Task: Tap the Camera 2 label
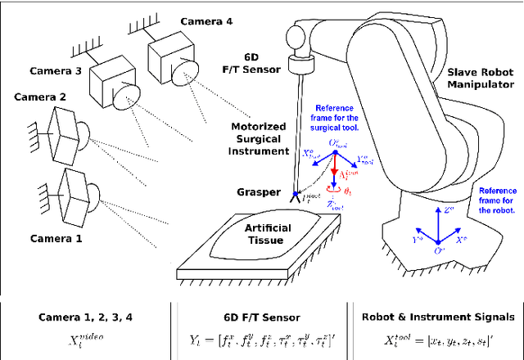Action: [40, 97]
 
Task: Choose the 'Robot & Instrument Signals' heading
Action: [440, 316]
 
